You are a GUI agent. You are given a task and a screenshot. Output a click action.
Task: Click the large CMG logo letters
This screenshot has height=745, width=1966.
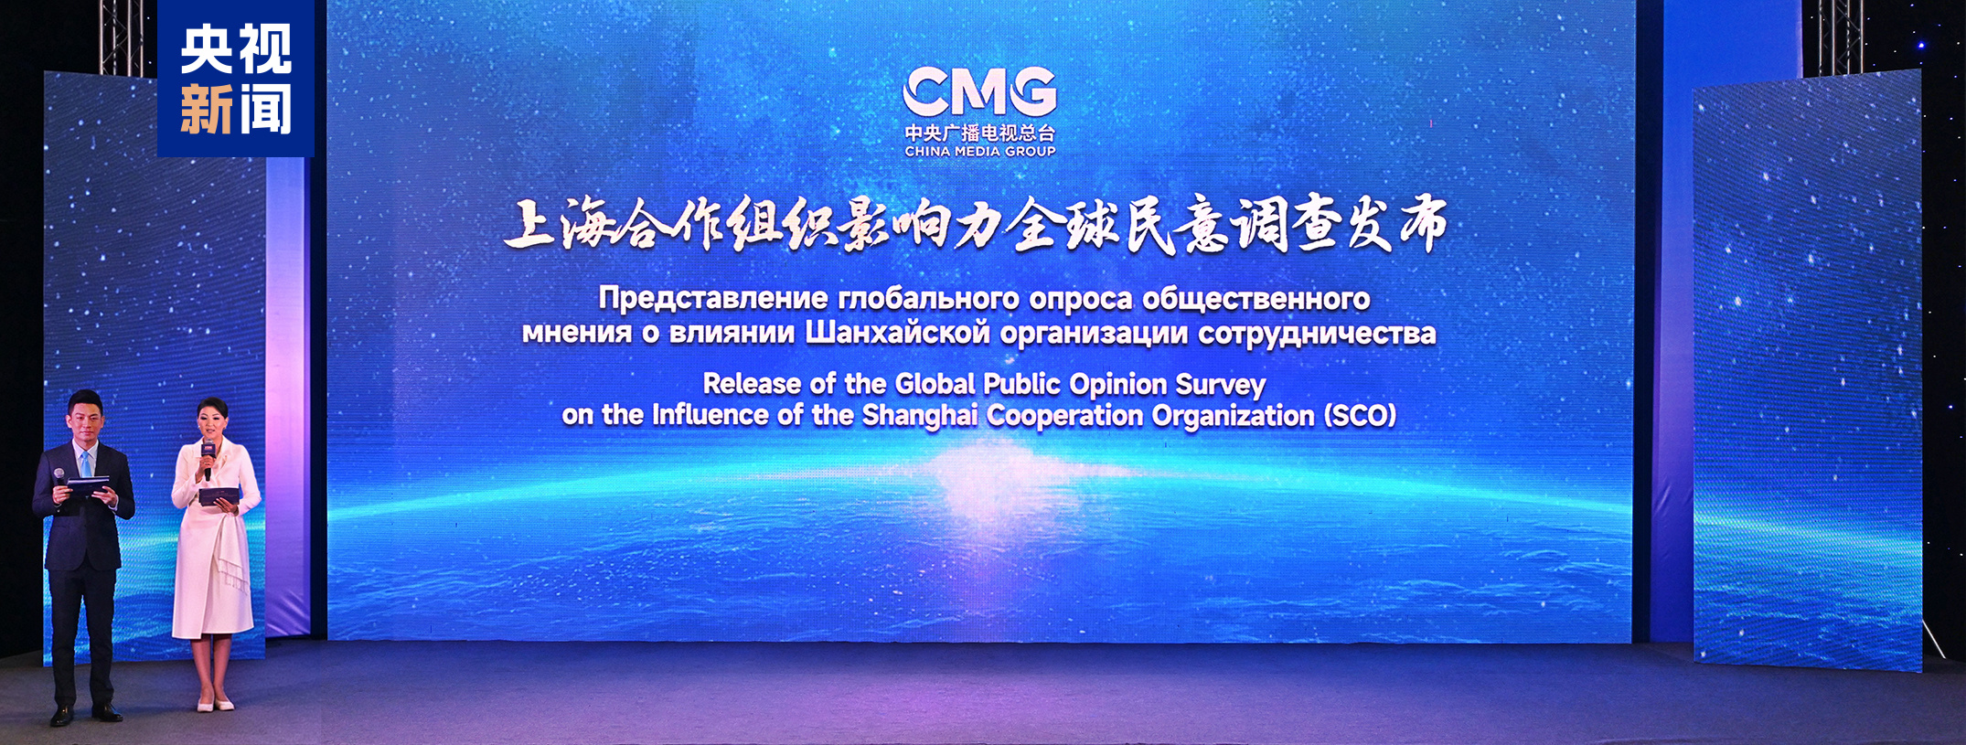979,91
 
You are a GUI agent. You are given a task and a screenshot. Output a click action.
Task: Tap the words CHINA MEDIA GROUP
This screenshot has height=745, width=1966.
979,152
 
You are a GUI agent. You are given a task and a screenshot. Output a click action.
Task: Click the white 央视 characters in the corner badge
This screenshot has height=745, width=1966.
236,49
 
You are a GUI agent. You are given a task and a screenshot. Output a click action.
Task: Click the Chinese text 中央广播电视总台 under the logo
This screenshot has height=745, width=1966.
979,133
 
